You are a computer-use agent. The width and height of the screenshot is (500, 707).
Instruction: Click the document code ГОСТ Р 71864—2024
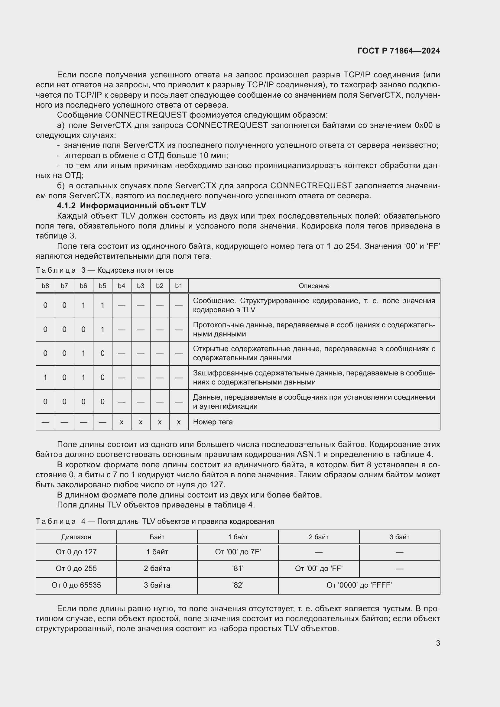coord(398,51)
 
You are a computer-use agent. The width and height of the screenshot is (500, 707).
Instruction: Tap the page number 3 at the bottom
coord(438,643)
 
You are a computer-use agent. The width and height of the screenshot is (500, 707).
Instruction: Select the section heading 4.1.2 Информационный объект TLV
coord(131,206)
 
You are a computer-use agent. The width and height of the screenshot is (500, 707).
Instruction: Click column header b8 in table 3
coord(45,286)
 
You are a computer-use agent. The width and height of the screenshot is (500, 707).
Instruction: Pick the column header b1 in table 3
coord(179,286)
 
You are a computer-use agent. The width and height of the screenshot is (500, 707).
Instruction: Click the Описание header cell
coord(314,286)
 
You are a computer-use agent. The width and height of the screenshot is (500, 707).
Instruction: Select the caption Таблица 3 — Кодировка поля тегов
coord(104,270)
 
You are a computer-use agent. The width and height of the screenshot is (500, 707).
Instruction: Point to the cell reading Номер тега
coord(213,422)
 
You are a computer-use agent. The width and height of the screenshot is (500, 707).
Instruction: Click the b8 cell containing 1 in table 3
coord(45,377)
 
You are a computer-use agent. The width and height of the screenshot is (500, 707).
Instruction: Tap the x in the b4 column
coord(121,422)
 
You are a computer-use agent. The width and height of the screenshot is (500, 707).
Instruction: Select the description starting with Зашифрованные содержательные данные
coord(314,377)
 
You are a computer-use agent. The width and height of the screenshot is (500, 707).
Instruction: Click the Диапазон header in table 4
coord(76,537)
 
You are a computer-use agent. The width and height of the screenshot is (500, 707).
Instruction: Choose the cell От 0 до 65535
coord(76,585)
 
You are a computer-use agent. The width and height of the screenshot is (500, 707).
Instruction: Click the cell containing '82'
coord(238,585)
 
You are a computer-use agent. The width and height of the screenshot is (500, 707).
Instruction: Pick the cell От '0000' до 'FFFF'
coord(359,585)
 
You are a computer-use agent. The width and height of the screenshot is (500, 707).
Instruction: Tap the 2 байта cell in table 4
coord(157,569)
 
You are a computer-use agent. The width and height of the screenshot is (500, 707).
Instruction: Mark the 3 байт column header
coord(399,537)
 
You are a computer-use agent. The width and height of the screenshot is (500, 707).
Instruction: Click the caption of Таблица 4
coord(154,521)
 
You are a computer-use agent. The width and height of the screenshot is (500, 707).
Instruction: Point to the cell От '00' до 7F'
coord(238,552)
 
